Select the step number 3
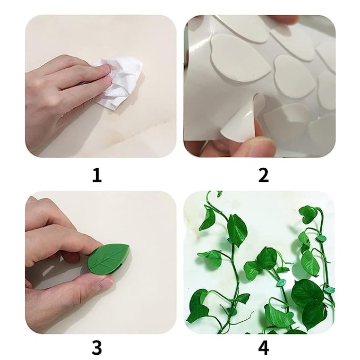coord(96,348)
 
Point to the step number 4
coord(263,348)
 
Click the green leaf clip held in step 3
coord(109,257)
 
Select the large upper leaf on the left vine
coord(236,229)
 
